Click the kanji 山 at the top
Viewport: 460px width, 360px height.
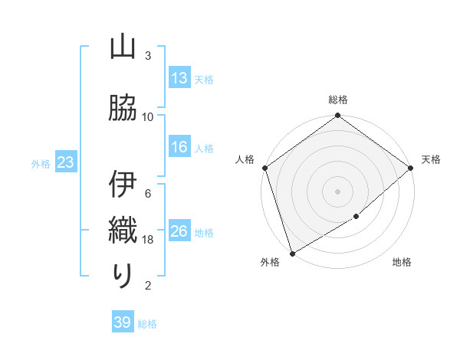point(123,47)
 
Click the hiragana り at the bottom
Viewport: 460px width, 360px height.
point(123,276)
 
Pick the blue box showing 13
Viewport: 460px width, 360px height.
point(179,78)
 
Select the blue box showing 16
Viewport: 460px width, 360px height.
point(179,148)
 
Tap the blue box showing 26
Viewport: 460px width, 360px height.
point(179,232)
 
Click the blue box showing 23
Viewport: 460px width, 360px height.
point(64,162)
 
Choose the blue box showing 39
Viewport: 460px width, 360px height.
point(123,323)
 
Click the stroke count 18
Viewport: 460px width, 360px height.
point(149,240)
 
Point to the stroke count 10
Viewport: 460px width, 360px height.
point(148,117)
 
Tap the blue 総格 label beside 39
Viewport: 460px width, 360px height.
point(147,324)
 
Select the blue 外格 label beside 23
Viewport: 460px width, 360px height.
point(40,163)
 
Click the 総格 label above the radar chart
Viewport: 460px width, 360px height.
point(338,100)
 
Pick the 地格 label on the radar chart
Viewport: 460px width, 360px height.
point(402,263)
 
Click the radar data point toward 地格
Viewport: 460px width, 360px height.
point(356,217)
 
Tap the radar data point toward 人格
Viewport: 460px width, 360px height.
point(264,169)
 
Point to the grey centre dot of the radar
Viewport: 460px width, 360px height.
point(338,191)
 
